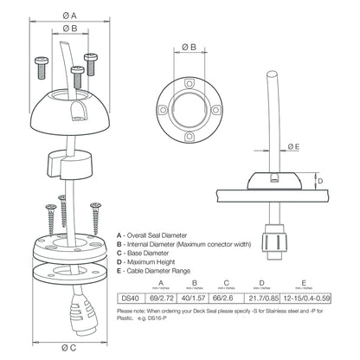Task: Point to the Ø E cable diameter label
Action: point(295,147)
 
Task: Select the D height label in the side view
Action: point(319,181)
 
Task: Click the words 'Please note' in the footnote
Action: point(132,312)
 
